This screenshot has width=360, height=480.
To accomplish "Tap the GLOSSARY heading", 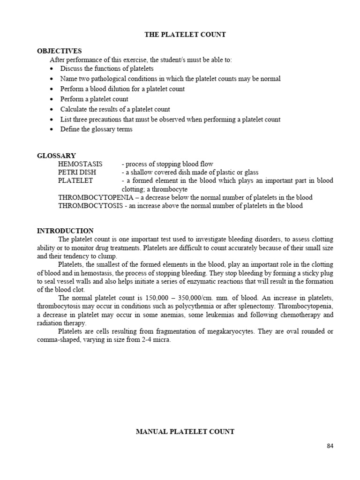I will point(56,156).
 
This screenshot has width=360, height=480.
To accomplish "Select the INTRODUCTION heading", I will point(65,231).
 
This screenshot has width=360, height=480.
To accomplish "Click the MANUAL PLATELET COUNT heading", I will point(185,432).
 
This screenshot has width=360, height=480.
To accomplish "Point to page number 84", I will point(330,446).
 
